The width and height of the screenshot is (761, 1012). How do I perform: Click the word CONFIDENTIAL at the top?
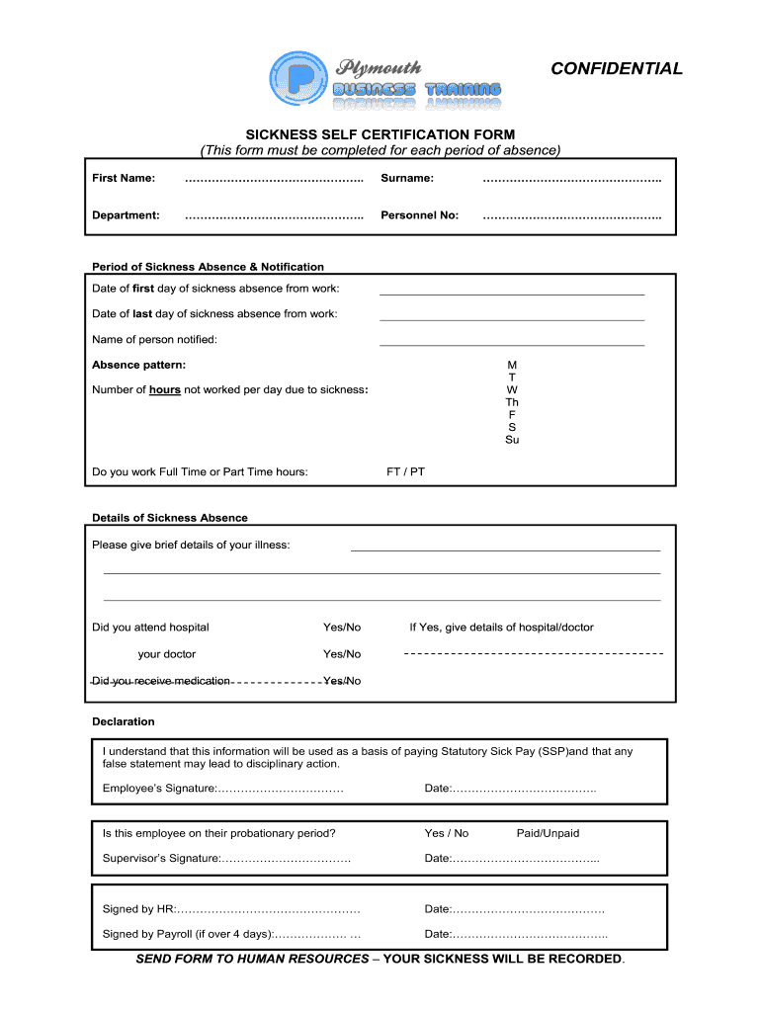pos(616,68)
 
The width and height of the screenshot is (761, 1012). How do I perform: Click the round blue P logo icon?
pos(296,79)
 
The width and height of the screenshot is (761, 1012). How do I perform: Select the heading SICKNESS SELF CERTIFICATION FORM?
pos(380,134)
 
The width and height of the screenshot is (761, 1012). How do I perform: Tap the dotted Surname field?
pos(571,179)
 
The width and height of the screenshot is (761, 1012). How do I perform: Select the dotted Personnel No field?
pos(571,215)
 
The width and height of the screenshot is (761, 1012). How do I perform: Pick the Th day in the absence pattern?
pos(512,402)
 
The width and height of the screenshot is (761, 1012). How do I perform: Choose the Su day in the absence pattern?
pos(512,440)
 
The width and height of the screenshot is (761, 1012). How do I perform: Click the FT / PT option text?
pos(405,471)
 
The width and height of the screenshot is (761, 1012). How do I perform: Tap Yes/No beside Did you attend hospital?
pos(342,628)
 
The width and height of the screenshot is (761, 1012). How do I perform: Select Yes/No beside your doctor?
pos(342,654)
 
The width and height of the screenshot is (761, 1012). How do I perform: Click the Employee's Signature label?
pos(159,788)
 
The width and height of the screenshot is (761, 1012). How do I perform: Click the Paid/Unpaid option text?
pos(548,833)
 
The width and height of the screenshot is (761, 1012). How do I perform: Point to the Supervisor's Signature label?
pos(161,859)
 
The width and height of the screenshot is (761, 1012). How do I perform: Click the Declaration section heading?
pos(124,721)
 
